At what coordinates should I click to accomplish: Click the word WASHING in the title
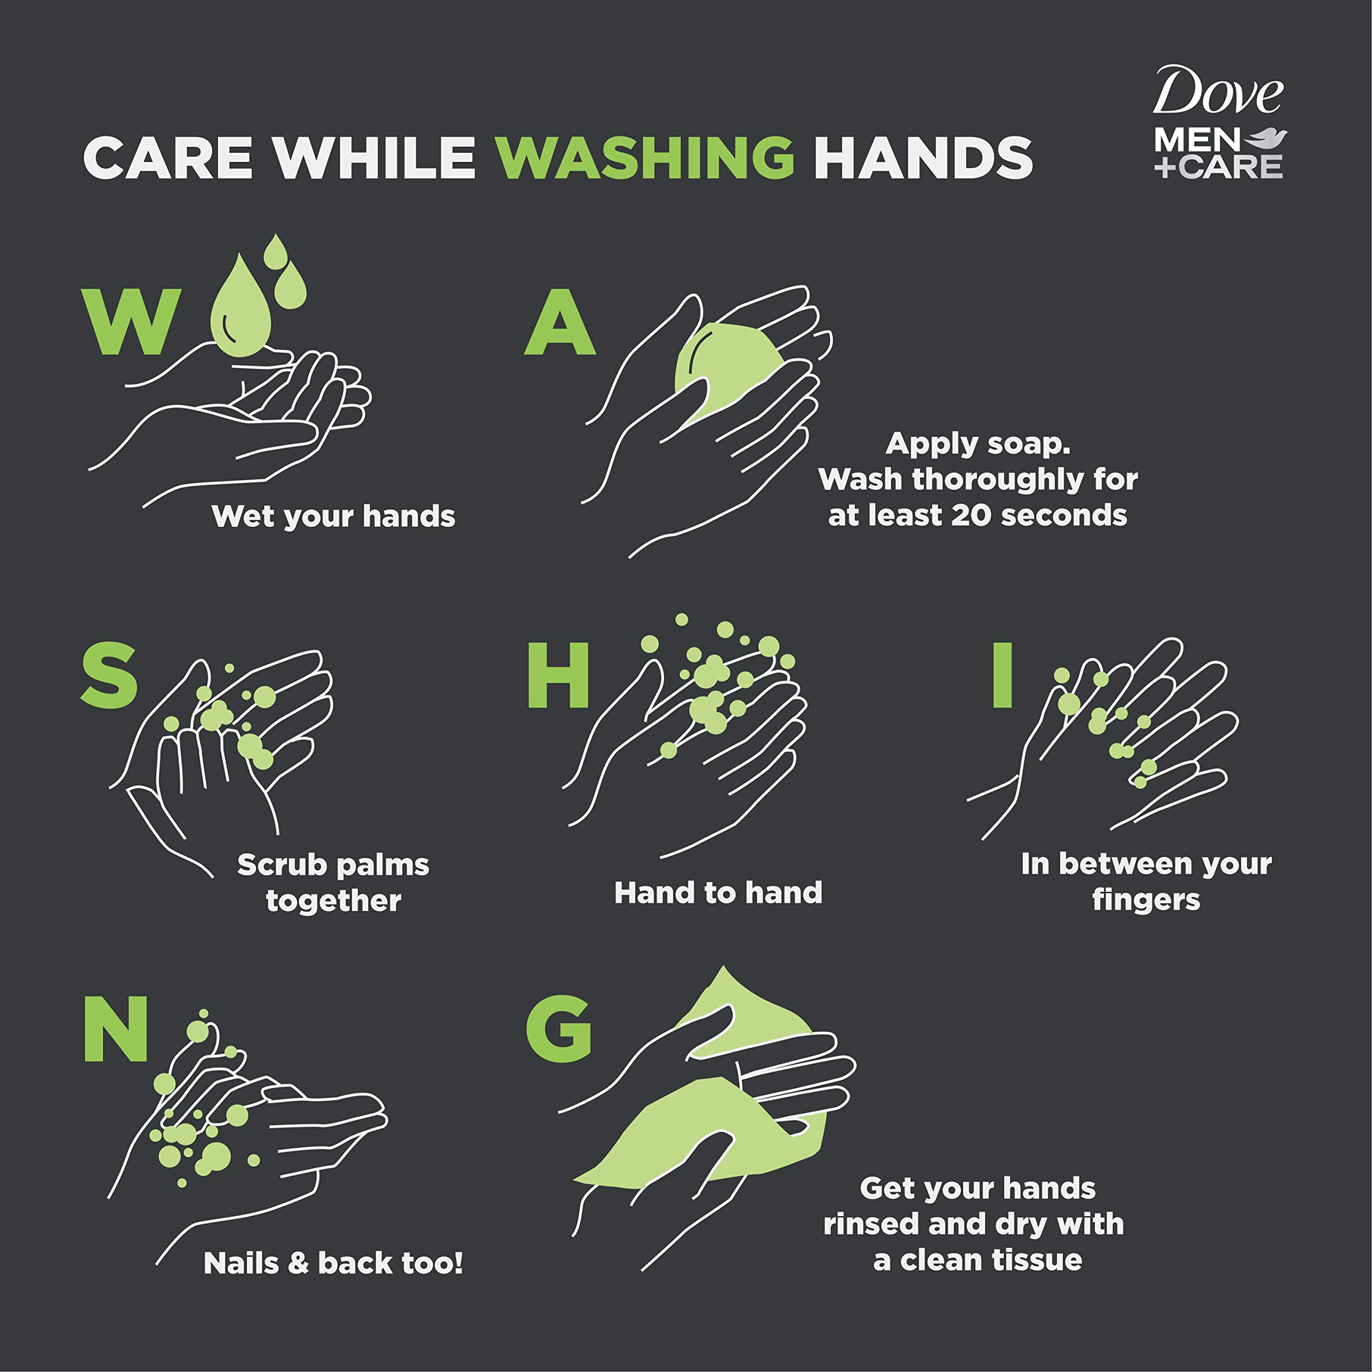644,158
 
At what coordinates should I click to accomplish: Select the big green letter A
560,323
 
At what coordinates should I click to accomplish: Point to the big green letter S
109,675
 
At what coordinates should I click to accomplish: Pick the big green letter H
558,675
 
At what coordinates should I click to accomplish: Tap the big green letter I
1002,675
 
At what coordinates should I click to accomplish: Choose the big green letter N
116,1029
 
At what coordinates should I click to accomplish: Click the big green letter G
559,1029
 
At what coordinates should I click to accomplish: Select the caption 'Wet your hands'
333,516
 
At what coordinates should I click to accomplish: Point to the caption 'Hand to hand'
718,893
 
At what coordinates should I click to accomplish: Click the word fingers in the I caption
1145,900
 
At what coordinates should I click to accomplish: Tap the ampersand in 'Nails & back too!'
299,1263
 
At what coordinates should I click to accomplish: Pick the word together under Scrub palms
333,901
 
